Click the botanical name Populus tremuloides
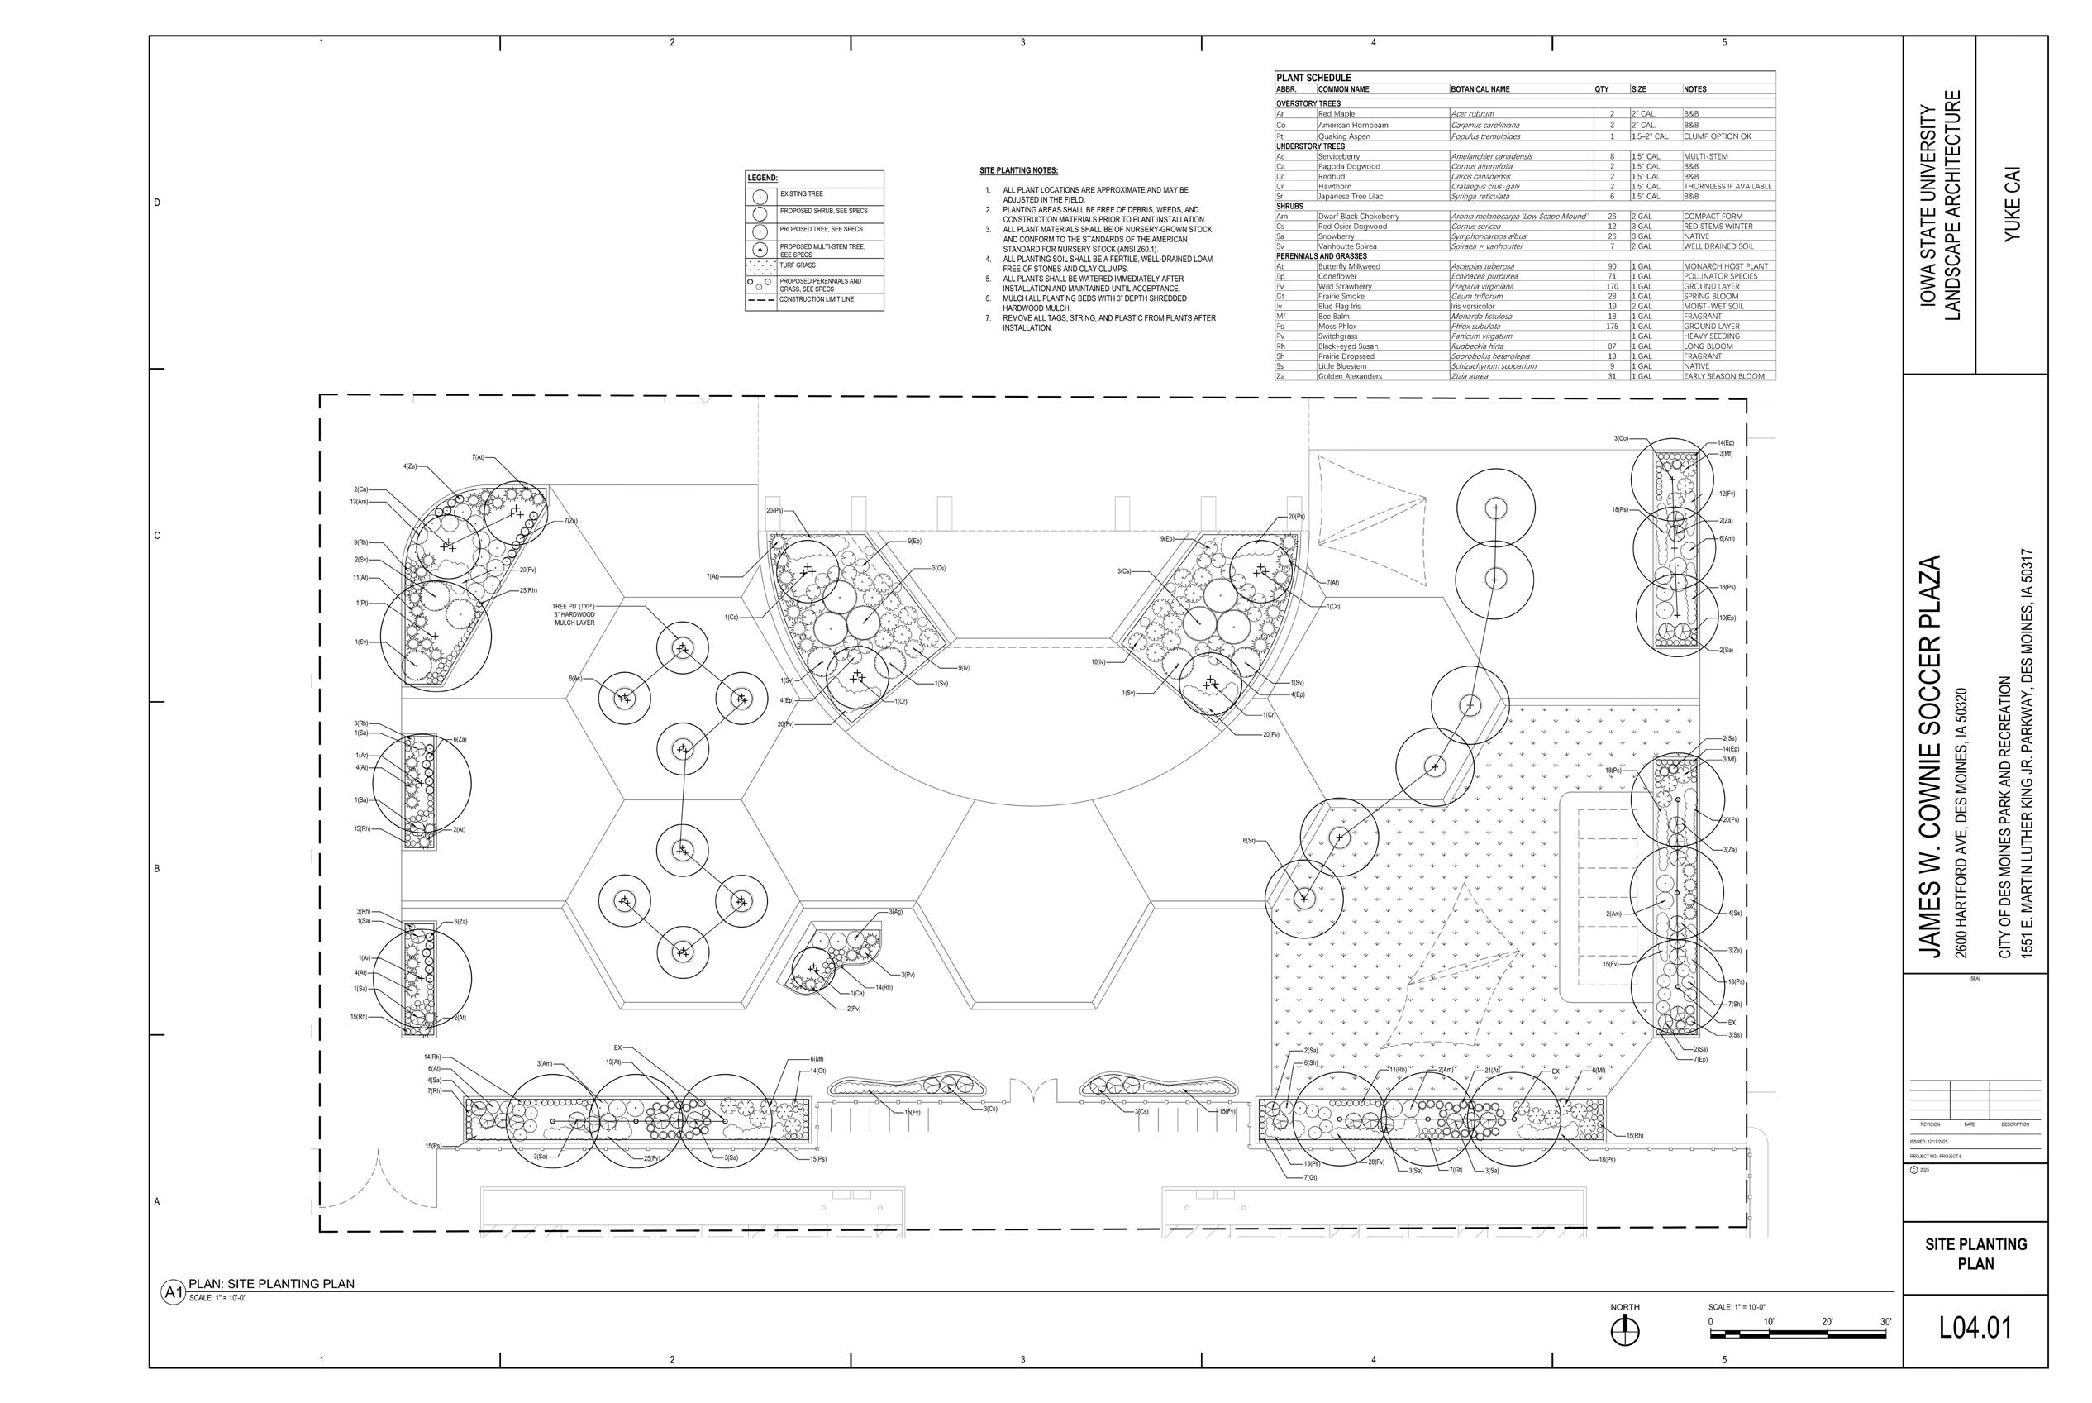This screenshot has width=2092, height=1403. [x=1485, y=137]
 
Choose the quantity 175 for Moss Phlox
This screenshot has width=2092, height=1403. [x=1612, y=327]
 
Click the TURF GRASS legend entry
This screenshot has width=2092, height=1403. [x=797, y=265]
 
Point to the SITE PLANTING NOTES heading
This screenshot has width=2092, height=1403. [x=1018, y=171]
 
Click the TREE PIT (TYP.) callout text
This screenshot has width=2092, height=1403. [x=574, y=607]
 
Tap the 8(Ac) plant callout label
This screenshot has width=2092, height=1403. [x=575, y=679]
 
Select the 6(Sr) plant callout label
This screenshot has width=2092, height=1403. [x=1249, y=840]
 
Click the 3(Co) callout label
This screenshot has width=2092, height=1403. [x=1621, y=438]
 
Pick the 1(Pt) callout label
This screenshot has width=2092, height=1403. [x=361, y=603]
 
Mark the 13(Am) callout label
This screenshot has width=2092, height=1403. [x=359, y=502]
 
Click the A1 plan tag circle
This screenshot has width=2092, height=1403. [x=172, y=1292]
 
